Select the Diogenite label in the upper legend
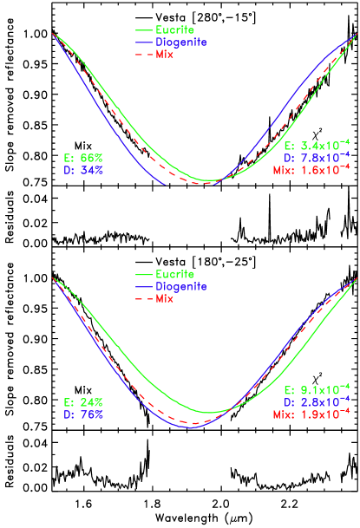click(x=181, y=42)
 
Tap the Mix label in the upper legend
click(x=165, y=54)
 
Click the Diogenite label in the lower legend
click(x=181, y=286)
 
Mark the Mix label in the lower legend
click(x=165, y=298)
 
